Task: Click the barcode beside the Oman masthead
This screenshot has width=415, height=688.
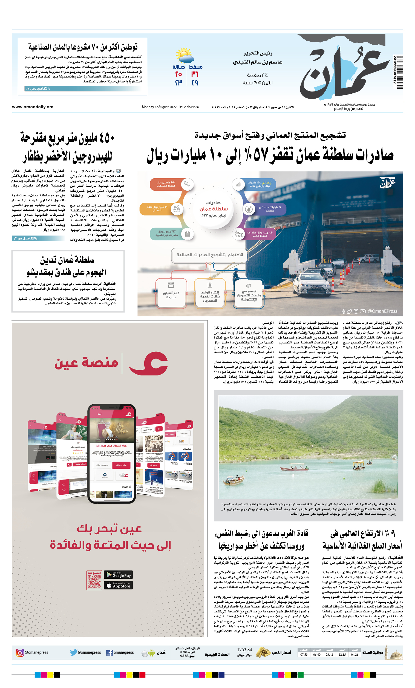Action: pos(399,72)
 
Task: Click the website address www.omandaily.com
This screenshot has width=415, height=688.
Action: pos(33,107)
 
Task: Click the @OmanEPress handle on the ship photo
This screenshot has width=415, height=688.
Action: pos(382,311)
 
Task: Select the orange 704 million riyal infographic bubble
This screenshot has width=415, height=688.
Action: pos(166,184)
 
